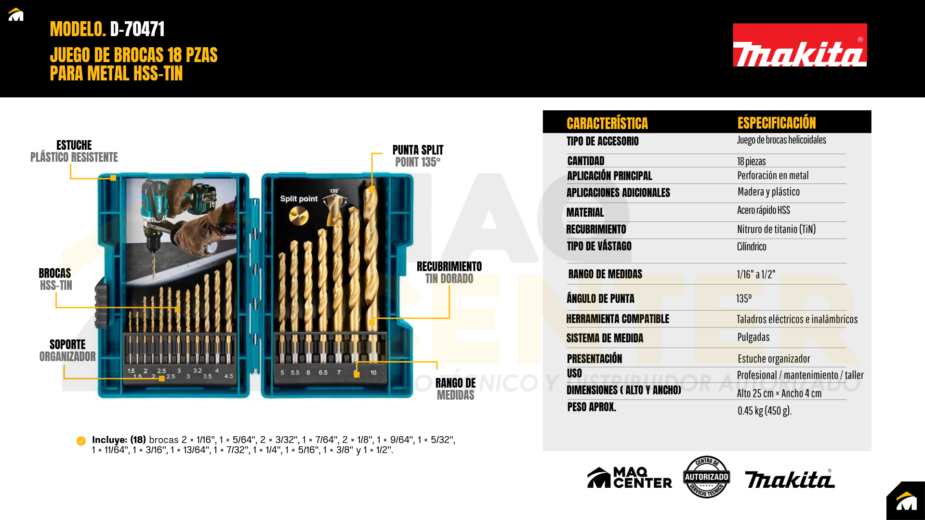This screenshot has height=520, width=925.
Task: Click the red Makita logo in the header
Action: pyautogui.click(x=800, y=45)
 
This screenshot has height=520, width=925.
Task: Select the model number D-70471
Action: pyautogui.click(x=137, y=29)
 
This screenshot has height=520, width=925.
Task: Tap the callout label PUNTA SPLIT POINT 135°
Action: pyautogui.click(x=418, y=156)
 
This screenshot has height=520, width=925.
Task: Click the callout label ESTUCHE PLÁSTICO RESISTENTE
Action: pyautogui.click(x=74, y=151)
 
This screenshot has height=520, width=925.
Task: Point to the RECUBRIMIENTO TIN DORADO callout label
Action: pyautogui.click(x=449, y=273)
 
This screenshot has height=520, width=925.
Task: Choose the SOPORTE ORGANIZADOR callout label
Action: pyautogui.click(x=67, y=351)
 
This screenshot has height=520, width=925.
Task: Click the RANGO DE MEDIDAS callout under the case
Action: pyautogui.click(x=455, y=389)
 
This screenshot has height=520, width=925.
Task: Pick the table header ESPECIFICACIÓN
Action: pyautogui.click(x=777, y=123)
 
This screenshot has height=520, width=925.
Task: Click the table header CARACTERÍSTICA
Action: pyautogui.click(x=607, y=123)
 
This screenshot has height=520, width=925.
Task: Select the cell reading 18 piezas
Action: pyautogui.click(x=751, y=161)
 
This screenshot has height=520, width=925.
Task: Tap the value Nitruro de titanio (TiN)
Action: pyautogui.click(x=776, y=229)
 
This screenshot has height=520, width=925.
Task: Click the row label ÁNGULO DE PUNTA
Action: pyautogui.click(x=600, y=299)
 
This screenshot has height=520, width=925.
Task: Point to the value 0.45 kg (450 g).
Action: pyautogui.click(x=765, y=411)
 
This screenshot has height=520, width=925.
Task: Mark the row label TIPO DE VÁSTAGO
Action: pyautogui.click(x=599, y=246)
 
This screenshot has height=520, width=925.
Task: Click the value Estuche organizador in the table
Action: pyautogui.click(x=774, y=359)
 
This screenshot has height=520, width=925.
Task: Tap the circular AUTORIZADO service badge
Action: pyautogui.click(x=706, y=477)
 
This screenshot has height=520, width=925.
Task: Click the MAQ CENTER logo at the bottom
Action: pyautogui.click(x=629, y=478)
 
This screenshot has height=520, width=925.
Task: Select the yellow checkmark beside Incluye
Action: pyautogui.click(x=81, y=441)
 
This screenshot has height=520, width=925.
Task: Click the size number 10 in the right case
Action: pyautogui.click(x=373, y=373)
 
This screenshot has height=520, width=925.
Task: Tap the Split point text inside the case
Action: pyautogui.click(x=299, y=199)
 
